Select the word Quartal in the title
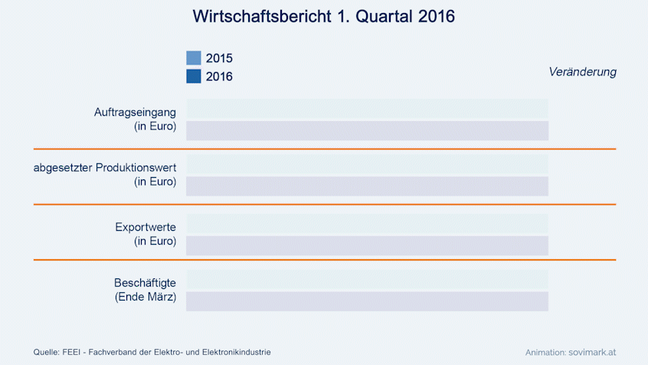[377, 16]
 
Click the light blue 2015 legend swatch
[194, 58]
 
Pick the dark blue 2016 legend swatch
[194, 76]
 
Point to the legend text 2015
[219, 58]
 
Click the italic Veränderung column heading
[582, 71]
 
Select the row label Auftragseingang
[135, 112]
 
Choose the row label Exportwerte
[146, 227]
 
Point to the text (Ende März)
[145, 298]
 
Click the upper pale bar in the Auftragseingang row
[367, 109]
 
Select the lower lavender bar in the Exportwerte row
[367, 245]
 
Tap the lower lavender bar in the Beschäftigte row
[367, 301]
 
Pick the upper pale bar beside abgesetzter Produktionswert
[367, 164]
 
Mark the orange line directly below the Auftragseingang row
[324, 149]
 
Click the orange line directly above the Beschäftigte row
[324, 260]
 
